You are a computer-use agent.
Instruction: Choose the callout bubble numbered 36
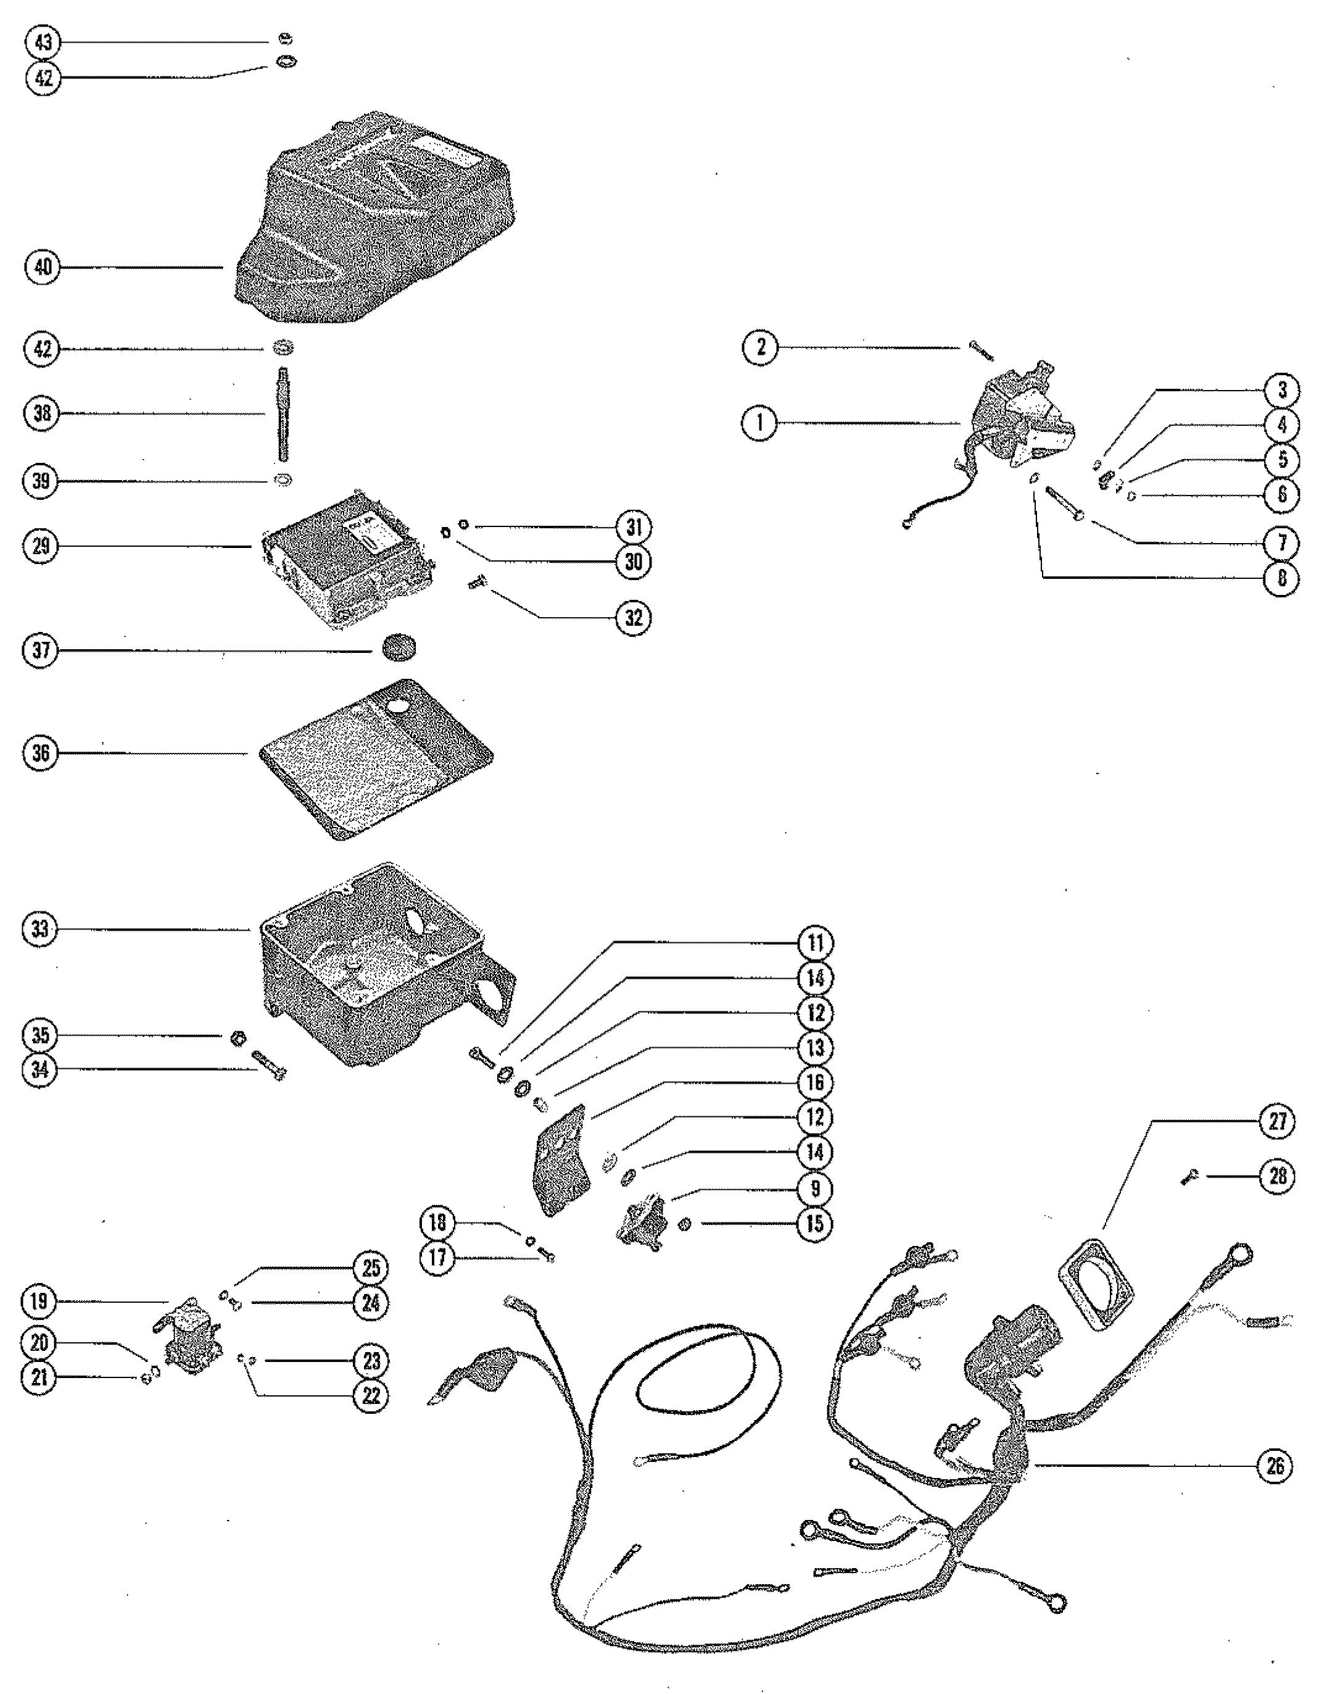[41, 753]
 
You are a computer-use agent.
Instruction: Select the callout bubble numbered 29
[41, 546]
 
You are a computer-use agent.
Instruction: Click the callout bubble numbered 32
[634, 618]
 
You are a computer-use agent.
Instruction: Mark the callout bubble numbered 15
[815, 1223]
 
